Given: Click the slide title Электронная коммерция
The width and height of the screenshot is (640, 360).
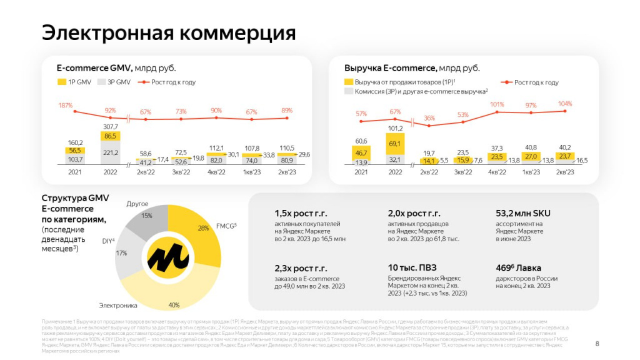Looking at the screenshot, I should (169, 32).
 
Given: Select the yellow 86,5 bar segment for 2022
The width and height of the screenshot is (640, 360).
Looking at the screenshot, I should (111, 136).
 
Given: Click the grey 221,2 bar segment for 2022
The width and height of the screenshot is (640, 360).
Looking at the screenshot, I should (111, 152).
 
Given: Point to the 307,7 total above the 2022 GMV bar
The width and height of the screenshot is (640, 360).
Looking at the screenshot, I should (111, 126).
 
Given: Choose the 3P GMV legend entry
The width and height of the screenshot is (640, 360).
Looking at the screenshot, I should (115, 82).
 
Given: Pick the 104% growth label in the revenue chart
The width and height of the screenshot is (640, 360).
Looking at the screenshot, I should (564, 104).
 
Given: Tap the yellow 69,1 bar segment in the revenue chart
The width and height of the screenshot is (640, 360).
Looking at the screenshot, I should (395, 144).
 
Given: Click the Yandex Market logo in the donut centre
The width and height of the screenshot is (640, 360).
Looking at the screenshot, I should (168, 257).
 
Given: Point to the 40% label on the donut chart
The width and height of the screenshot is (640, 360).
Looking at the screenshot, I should (174, 305).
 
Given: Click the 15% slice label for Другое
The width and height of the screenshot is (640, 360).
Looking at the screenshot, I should (147, 216).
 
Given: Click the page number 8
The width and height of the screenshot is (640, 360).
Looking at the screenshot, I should (597, 343).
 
